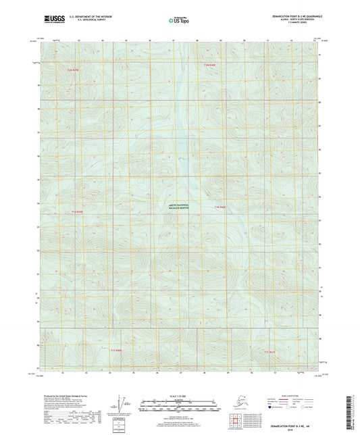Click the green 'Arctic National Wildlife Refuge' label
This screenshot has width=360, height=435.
[x=179, y=209]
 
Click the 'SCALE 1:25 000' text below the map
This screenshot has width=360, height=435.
[x=179, y=394]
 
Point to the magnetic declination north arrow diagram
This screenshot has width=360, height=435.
[x=120, y=403]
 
